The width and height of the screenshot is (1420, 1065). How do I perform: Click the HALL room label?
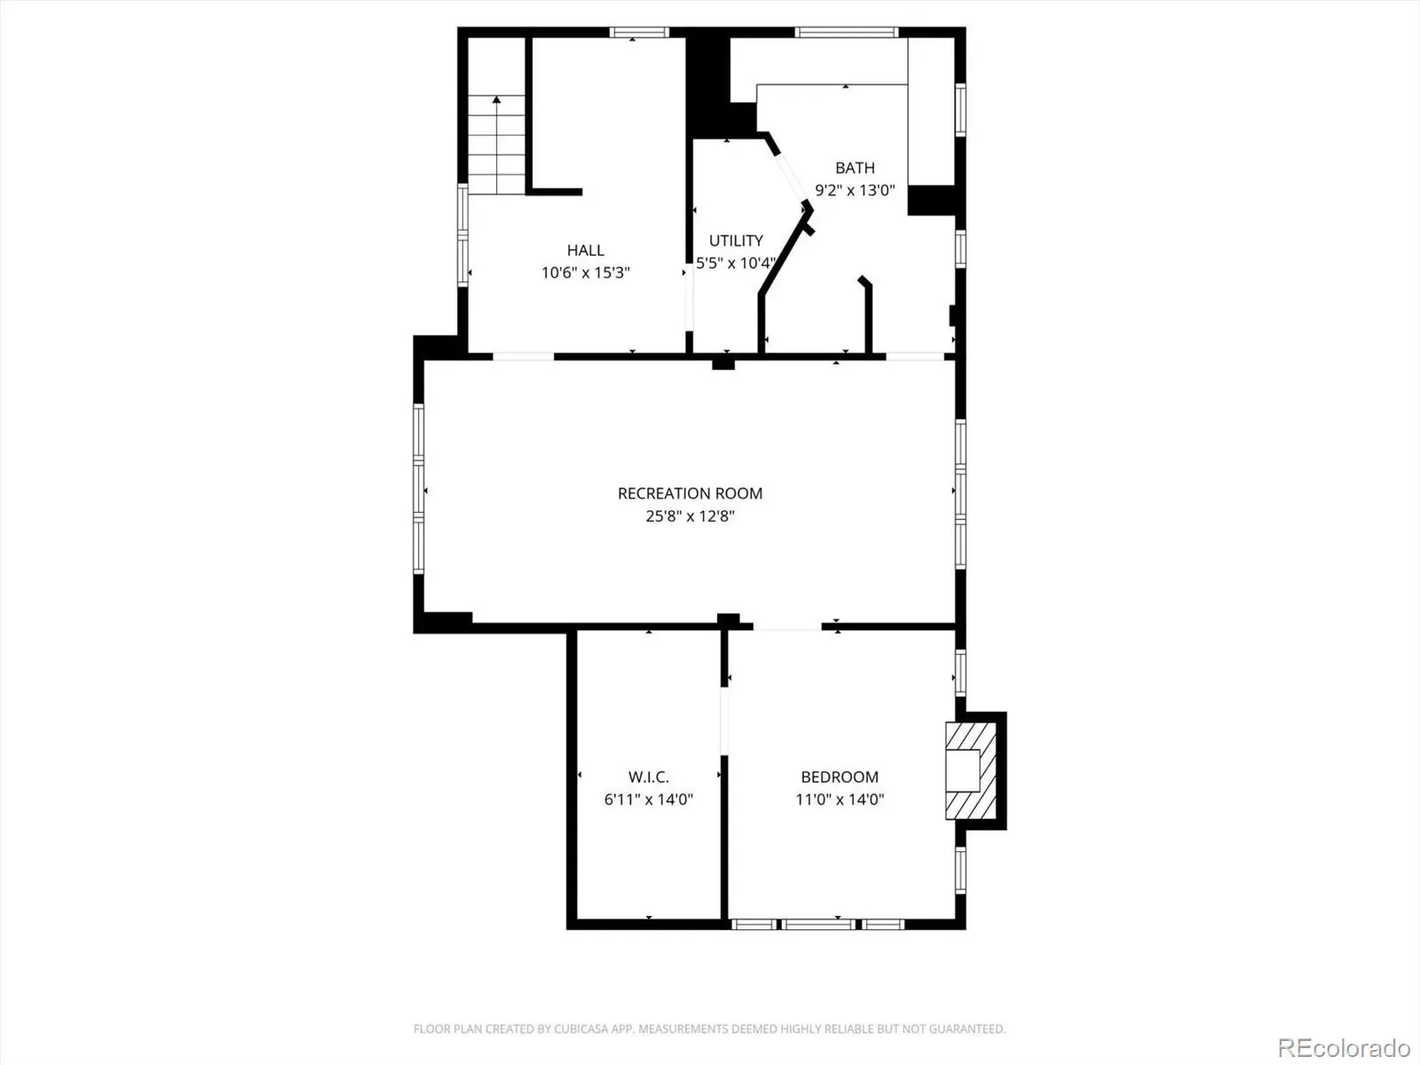586,250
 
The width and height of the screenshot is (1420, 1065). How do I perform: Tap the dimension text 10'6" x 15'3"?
586,272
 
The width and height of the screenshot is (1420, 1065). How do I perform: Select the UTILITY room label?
736,241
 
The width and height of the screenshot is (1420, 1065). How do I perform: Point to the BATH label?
855,168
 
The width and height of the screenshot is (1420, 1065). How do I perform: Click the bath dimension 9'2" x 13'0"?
855,190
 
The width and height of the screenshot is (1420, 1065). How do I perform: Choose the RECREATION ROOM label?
690,493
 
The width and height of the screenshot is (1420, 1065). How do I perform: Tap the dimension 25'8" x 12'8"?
690,516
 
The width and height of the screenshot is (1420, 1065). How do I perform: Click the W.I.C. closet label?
648,777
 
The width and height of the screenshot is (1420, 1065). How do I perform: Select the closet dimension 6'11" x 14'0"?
648,800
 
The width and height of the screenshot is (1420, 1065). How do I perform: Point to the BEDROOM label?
839,777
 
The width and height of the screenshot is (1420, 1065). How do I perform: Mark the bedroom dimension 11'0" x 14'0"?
839,800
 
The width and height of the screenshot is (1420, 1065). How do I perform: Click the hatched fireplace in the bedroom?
971,770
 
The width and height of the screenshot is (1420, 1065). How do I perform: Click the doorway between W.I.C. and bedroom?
724,721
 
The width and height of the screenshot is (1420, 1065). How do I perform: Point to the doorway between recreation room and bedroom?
787,627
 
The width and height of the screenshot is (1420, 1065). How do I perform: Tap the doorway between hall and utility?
689,297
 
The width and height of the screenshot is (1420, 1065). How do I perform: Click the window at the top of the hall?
639,32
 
